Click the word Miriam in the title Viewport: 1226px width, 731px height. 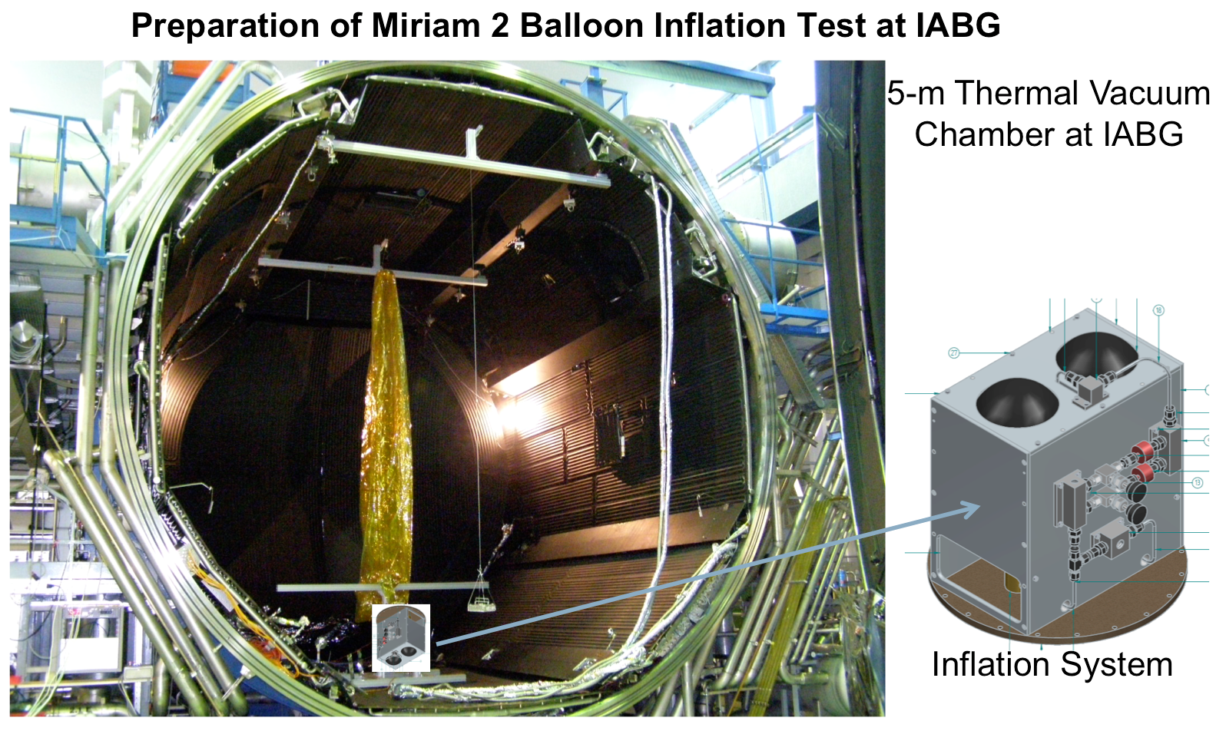[x=426, y=25]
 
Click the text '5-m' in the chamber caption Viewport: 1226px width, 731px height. [x=916, y=93]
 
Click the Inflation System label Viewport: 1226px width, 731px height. [x=1052, y=664]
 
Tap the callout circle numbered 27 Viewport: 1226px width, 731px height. [x=954, y=353]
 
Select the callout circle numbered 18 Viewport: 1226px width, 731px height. [x=1158, y=310]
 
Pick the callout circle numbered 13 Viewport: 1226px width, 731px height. [x=1198, y=482]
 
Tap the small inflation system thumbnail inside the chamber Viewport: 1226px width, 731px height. [x=401, y=638]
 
